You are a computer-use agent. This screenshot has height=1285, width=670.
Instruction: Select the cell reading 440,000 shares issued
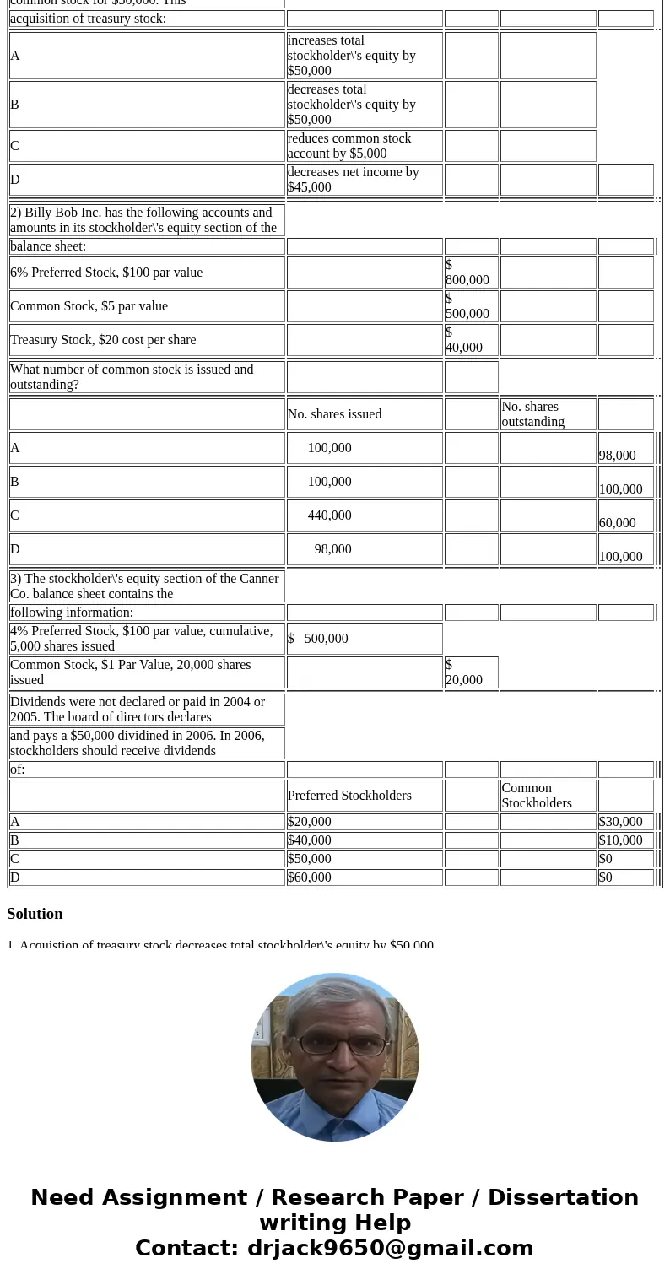pos(329,516)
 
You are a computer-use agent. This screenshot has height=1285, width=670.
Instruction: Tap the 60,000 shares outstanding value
pos(617,523)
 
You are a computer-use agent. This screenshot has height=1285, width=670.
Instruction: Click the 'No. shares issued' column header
pos(334,414)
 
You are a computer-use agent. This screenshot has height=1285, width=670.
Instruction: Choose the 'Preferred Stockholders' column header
pos(349,796)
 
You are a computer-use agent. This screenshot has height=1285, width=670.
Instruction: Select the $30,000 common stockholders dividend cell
pos(620,822)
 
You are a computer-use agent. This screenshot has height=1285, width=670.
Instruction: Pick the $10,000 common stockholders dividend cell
pos(620,840)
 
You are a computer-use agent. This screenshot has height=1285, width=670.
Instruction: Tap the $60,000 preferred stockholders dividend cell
pos(309,877)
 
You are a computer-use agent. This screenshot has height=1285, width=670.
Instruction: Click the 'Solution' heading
pos(35,914)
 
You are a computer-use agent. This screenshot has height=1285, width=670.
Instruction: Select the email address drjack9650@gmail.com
pos(390,1249)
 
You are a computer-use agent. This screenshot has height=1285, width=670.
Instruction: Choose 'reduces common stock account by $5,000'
pos(349,146)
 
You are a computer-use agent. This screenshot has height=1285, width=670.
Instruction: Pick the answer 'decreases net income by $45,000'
pos(353,180)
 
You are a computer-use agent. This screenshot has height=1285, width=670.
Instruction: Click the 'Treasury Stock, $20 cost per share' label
pos(103,340)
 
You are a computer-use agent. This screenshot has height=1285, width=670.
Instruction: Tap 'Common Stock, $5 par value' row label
pos(89,306)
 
